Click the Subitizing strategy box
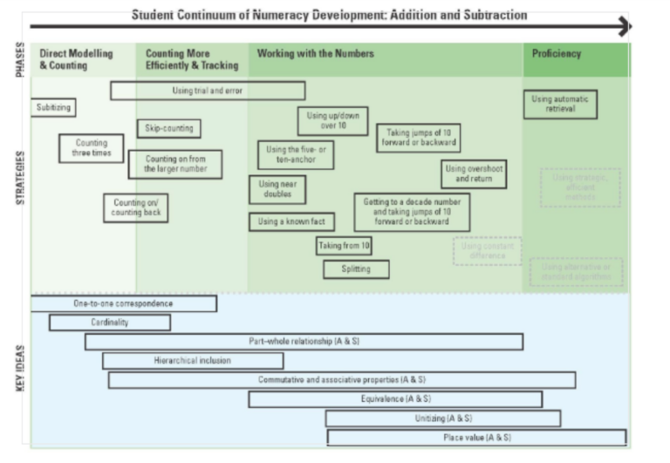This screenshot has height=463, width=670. pyautogui.click(x=52, y=108)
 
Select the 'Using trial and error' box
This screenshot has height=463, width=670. pyautogui.click(x=208, y=91)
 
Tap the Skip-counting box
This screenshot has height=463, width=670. pyautogui.click(x=168, y=129)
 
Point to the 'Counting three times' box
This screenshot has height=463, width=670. pyautogui.click(x=92, y=148)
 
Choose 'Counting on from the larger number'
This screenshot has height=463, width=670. pyautogui.click(x=174, y=164)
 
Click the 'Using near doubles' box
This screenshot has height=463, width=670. pyautogui.click(x=277, y=189)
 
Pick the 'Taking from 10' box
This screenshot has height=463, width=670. pyautogui.click(x=345, y=246)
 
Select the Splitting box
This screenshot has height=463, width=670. pyautogui.click(x=355, y=269)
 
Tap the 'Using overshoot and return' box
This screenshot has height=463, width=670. pyautogui.click(x=474, y=174)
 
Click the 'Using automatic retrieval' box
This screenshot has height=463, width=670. pyautogui.click(x=560, y=105)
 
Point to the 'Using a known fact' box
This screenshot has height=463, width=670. pyautogui.click(x=291, y=221)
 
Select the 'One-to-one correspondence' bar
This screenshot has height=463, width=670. pyautogui.click(x=123, y=303)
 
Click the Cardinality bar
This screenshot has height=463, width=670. pyautogui.click(x=109, y=323)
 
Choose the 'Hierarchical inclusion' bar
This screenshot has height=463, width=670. pyautogui.click(x=193, y=360)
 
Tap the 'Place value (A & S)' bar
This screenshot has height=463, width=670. pyautogui.click(x=476, y=437)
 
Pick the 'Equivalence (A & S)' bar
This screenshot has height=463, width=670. pyautogui.click(x=394, y=399)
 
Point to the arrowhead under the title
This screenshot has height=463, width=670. pyautogui.click(x=622, y=27)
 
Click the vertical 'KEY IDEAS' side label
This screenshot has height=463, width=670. pyautogui.click(x=20, y=370)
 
